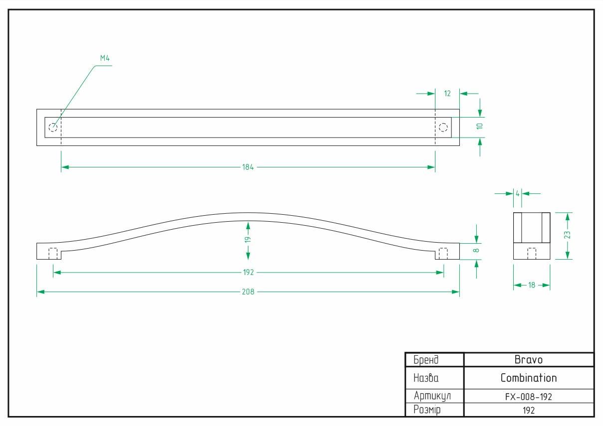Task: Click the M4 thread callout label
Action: click(x=105, y=58)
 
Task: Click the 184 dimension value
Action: click(x=248, y=167)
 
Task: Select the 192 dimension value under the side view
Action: click(x=248, y=273)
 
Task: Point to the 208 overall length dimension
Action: click(x=248, y=292)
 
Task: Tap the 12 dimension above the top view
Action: click(x=447, y=94)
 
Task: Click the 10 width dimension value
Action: click(x=479, y=126)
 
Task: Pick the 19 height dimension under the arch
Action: click(x=248, y=239)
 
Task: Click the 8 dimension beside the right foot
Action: click(x=476, y=251)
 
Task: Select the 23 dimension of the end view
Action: click(x=567, y=235)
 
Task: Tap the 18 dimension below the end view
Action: click(x=532, y=285)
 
